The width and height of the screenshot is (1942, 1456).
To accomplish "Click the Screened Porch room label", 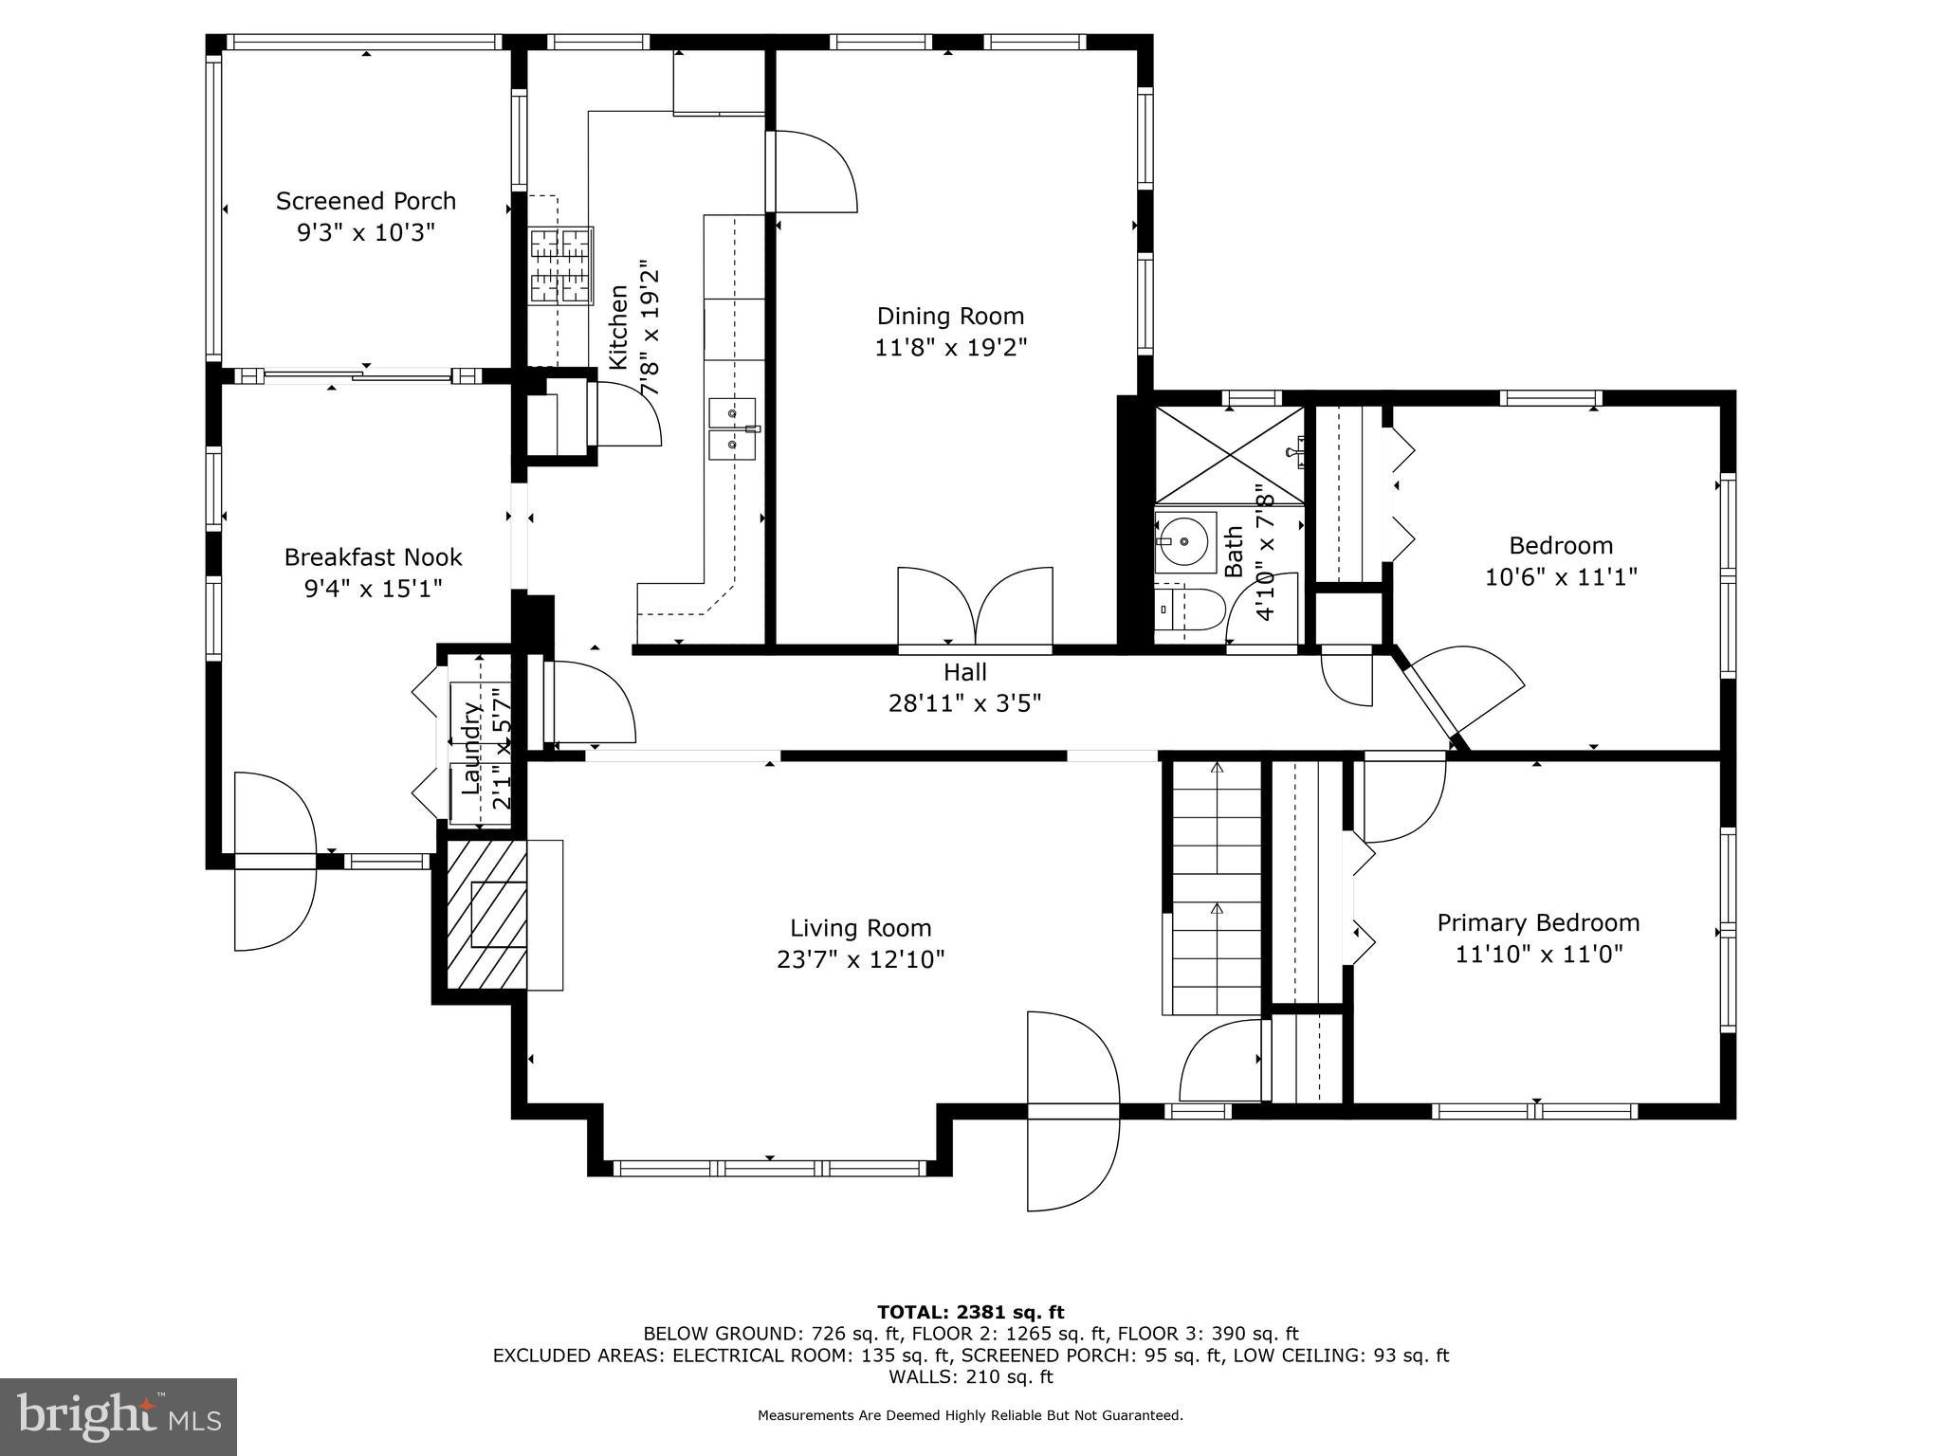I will pyautogui.click(x=366, y=201).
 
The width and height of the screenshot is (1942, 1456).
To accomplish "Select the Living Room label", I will pyautogui.click(x=860, y=928).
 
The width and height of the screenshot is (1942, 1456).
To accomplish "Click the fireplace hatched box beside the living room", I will pyautogui.click(x=486, y=916).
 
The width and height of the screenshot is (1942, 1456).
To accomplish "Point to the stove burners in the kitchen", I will pyautogui.click(x=560, y=265).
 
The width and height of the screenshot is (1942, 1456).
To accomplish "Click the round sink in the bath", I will pyautogui.click(x=1184, y=541).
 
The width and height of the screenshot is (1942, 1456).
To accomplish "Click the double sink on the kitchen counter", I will pyautogui.click(x=732, y=428).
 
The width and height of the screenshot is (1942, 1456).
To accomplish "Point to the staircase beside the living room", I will pyautogui.click(x=1216, y=886).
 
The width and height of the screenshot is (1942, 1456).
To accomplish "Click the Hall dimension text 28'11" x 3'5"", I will pyautogui.click(x=964, y=703).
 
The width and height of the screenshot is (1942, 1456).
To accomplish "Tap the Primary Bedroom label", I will pyautogui.click(x=1538, y=922).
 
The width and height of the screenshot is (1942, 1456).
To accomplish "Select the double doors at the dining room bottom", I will pyautogui.click(x=975, y=609).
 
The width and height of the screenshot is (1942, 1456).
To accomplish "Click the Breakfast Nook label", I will pyautogui.click(x=373, y=557).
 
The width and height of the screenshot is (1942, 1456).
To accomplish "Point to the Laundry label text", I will pyautogui.click(x=471, y=747).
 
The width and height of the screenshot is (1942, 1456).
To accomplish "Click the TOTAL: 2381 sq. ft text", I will pyautogui.click(x=970, y=1312).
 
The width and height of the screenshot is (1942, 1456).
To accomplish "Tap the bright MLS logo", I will pyautogui.click(x=119, y=1416).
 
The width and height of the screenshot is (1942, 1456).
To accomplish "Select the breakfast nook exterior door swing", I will pyautogui.click(x=274, y=861).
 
